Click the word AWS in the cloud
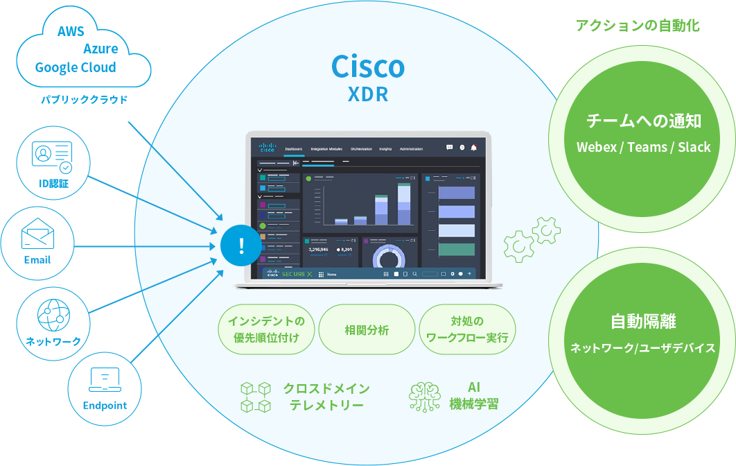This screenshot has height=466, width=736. [71, 32]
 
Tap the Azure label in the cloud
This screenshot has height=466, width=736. [100, 49]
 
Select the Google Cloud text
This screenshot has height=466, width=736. [76, 67]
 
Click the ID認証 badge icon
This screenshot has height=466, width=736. [52, 156]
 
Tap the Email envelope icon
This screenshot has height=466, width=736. [37, 234]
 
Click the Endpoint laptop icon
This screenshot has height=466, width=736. [105, 379]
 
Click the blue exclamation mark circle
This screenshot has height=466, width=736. [241, 245]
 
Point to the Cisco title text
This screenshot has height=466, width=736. [367, 67]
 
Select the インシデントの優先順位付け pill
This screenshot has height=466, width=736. [266, 329]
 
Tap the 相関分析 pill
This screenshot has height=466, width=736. [367, 329]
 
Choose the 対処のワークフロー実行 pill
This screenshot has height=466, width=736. [467, 329]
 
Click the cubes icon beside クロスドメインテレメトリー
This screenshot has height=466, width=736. [255, 397]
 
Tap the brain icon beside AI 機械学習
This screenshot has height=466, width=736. [424, 396]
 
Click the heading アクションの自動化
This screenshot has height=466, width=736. [638, 26]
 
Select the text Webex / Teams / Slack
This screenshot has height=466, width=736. [643, 147]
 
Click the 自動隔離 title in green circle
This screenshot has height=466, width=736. [643, 321]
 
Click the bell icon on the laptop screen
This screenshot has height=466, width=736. [474, 147]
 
